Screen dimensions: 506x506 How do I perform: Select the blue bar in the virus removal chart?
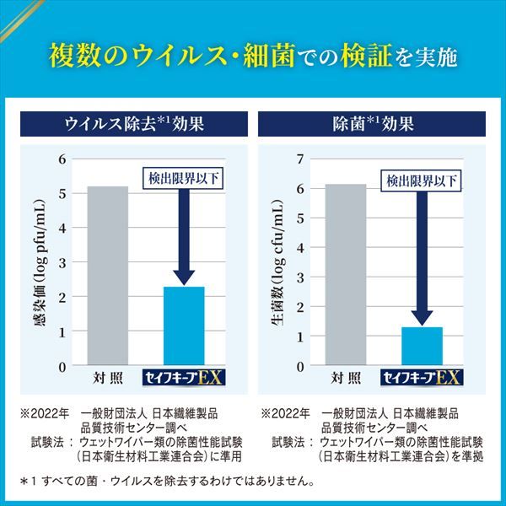click(x=184, y=326)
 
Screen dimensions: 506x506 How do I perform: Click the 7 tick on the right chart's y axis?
click(x=300, y=159)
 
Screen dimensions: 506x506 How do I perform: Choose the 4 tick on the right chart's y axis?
click(x=300, y=247)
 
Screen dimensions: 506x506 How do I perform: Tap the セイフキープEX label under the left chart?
click(x=185, y=377)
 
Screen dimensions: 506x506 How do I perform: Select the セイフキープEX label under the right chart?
click(x=422, y=377)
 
